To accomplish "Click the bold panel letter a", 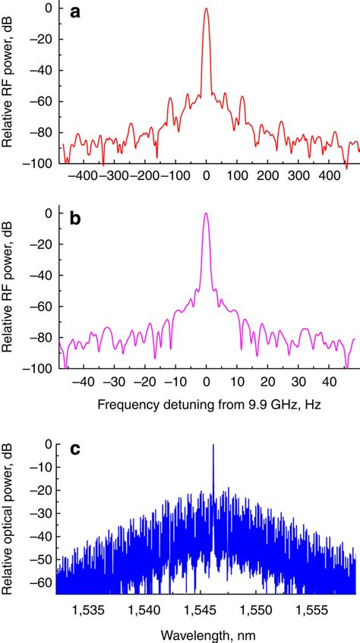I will click(x=74, y=13).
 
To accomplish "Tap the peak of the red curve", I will click(x=207, y=9).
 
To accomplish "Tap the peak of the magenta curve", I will click(x=206, y=214).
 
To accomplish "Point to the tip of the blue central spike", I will click(x=213, y=446).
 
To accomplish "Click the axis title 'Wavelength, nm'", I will click(x=207, y=633).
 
